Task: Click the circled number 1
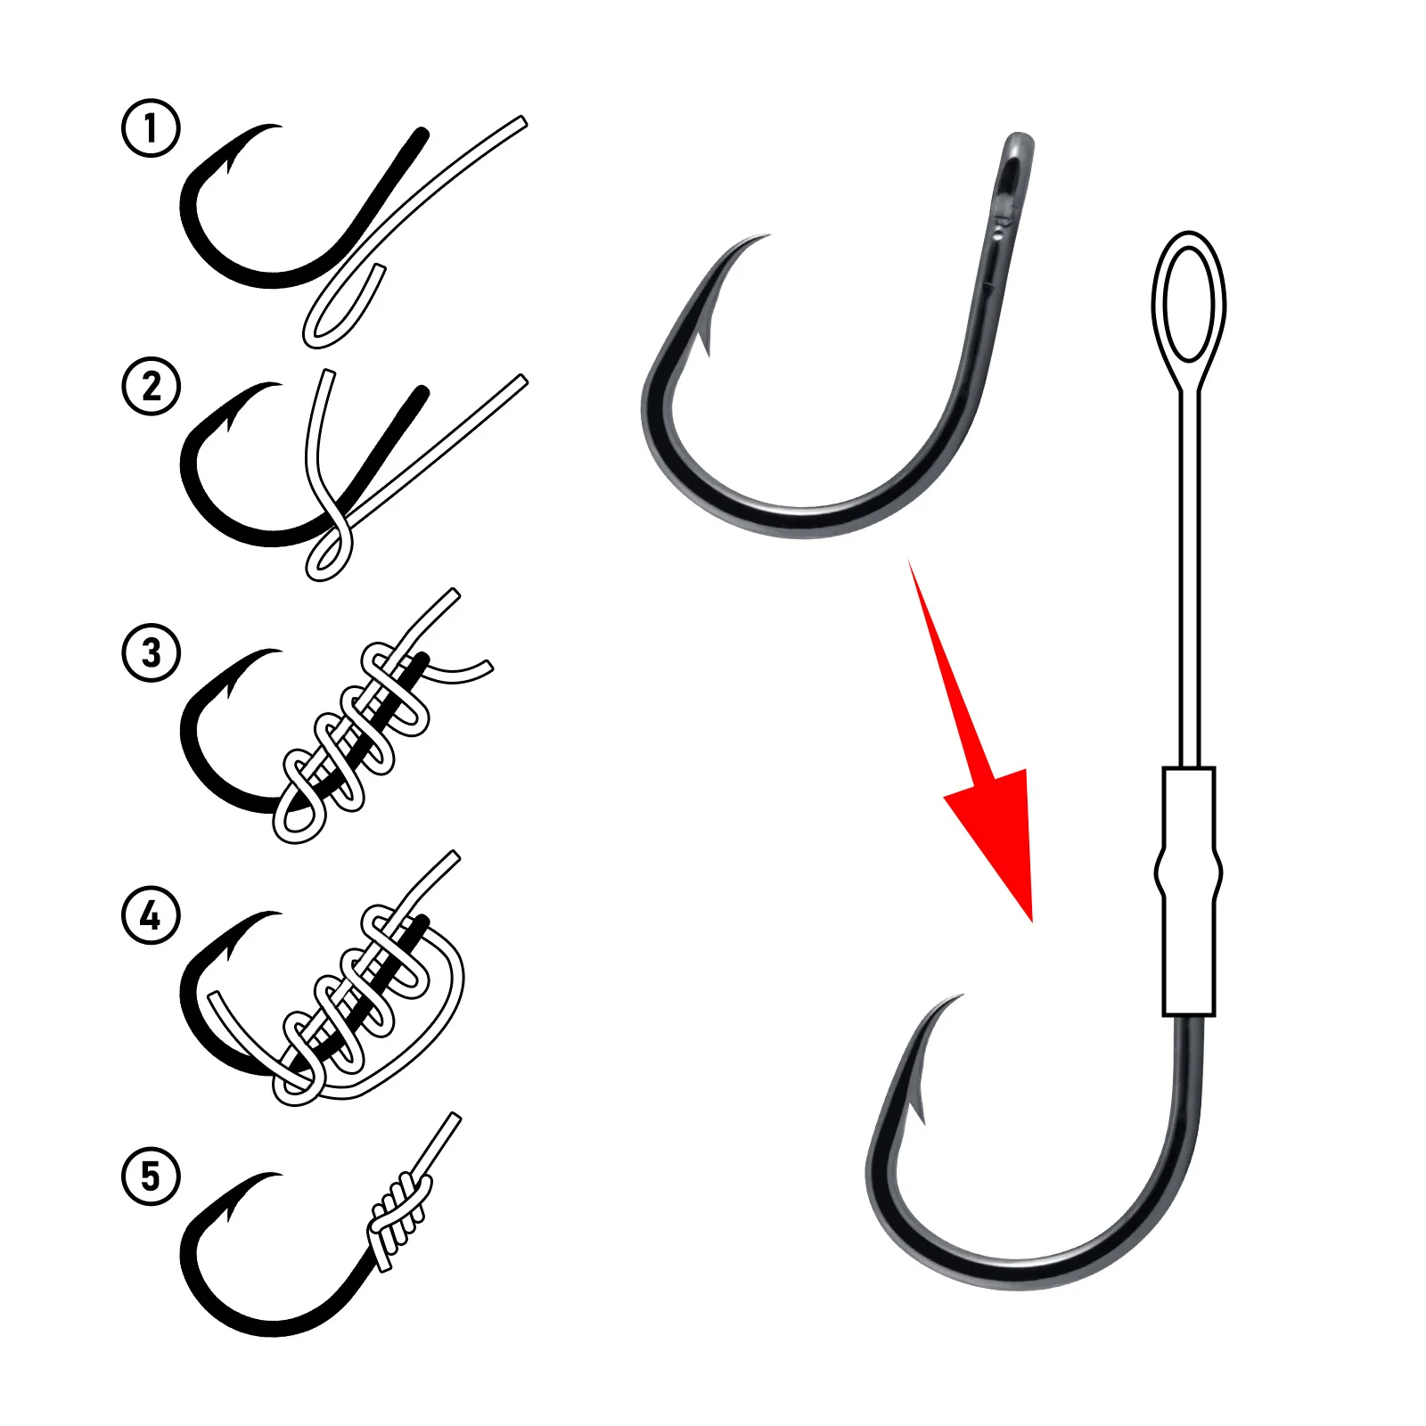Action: [x=151, y=128]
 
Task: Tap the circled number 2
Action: [x=151, y=387]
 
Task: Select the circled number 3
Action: [x=151, y=652]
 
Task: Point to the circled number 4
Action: [x=151, y=915]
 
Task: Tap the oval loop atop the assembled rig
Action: [x=1188, y=303]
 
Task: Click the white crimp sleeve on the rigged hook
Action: [x=1188, y=891]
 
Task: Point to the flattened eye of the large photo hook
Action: [x=1012, y=178]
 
